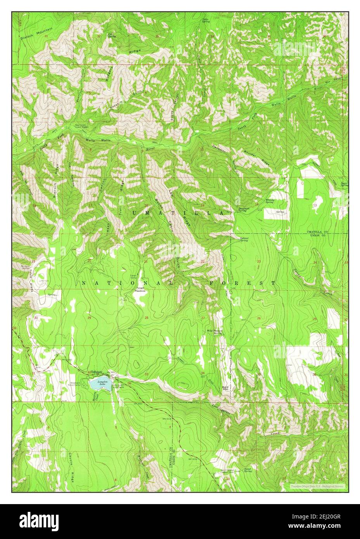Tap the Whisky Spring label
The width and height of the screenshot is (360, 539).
(x=270, y=201)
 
